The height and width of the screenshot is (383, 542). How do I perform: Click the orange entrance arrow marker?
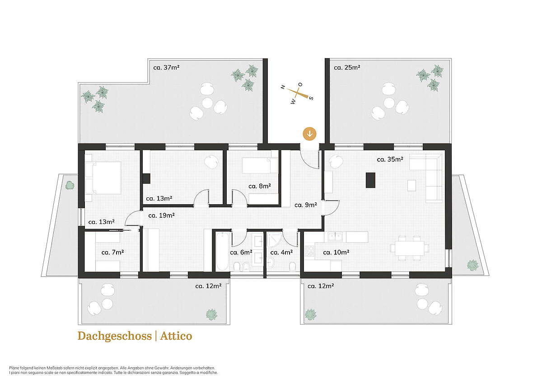(x=310, y=134)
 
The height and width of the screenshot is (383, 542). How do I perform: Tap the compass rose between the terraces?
(x=297, y=93)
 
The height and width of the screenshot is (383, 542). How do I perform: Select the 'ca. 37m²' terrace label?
(x=167, y=67)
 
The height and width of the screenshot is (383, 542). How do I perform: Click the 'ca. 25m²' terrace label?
(x=347, y=67)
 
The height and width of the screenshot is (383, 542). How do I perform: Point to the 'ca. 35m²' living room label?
(x=390, y=159)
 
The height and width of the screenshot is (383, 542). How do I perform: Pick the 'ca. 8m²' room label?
(x=260, y=186)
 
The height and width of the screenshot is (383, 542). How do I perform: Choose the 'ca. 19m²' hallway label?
(x=161, y=215)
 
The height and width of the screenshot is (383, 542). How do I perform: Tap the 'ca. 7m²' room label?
(x=113, y=252)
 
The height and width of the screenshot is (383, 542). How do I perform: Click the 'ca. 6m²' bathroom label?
(x=241, y=252)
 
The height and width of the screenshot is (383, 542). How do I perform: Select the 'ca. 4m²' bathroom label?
(x=282, y=252)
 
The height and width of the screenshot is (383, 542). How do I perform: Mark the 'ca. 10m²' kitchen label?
(x=336, y=252)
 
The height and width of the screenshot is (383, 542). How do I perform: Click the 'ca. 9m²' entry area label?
(x=306, y=205)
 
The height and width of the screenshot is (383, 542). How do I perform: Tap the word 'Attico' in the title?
(x=176, y=336)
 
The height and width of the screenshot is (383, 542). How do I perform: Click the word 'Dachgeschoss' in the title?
(x=115, y=336)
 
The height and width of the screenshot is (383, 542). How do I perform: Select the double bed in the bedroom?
(x=103, y=178)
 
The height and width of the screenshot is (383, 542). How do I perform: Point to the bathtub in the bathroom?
(x=222, y=252)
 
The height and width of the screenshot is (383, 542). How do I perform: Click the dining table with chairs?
(x=409, y=248)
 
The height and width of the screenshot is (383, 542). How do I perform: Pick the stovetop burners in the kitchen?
(x=309, y=251)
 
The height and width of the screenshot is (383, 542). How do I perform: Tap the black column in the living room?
(x=370, y=180)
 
